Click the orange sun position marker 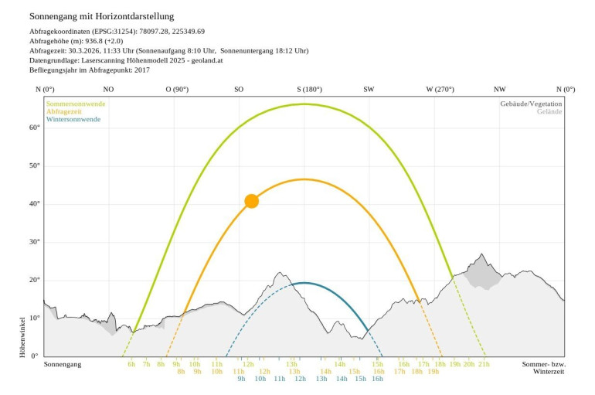coord(251,201)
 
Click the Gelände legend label coord(549,111)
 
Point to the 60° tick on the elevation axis coord(34,128)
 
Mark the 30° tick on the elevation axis coord(34,242)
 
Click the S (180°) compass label coord(309,90)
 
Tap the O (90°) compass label coord(177,90)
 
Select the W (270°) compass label coord(440,90)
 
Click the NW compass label coord(500,90)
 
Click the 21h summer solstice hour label coord(484,363)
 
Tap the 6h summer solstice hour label coord(131,363)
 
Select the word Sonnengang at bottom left coord(63,363)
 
